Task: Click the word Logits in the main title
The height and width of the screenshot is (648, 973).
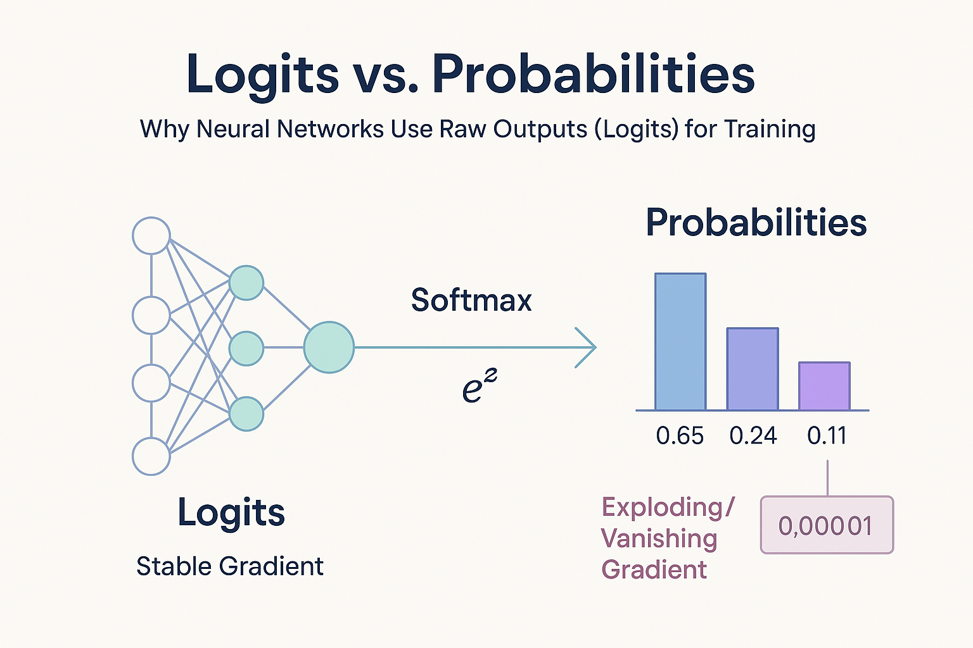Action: pos(263,75)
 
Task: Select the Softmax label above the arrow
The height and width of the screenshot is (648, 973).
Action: pos(471,300)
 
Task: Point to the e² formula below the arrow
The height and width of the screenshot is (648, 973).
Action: pos(479,387)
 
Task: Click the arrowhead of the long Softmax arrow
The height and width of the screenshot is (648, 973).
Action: pos(588,347)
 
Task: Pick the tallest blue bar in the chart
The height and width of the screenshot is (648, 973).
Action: pos(680,342)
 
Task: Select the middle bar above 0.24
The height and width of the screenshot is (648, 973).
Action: pos(752,369)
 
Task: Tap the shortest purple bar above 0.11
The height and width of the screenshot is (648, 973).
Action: pos(824,386)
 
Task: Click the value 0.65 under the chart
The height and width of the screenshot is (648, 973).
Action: pos(680,436)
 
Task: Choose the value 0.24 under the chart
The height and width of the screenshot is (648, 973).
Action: pos(753,436)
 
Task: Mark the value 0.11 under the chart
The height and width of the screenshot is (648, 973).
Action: pos(827,436)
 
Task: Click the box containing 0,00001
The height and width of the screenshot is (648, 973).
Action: pos(826,525)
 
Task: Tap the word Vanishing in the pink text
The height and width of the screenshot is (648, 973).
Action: pos(659,539)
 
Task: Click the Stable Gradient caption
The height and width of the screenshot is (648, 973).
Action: pos(229,566)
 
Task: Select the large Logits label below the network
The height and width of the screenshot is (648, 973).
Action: pos(231,513)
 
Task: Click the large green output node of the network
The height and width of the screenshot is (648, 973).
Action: pos(328,347)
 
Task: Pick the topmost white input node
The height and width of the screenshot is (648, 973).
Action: pos(151,236)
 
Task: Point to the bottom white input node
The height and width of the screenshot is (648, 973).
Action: pos(151,456)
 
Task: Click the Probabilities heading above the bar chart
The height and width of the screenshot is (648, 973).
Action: pos(756,223)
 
